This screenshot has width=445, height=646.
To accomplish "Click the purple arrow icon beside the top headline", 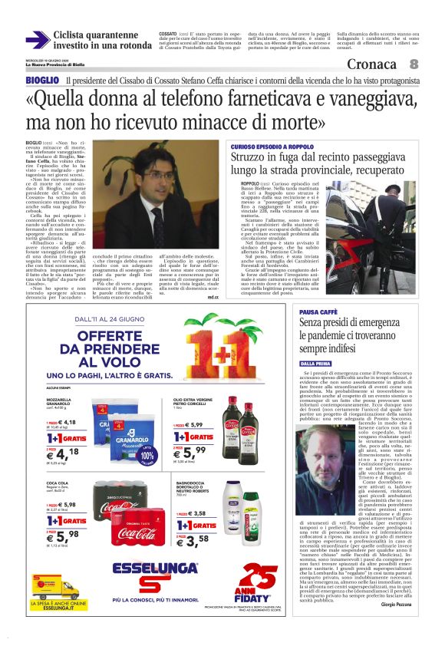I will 37,40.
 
